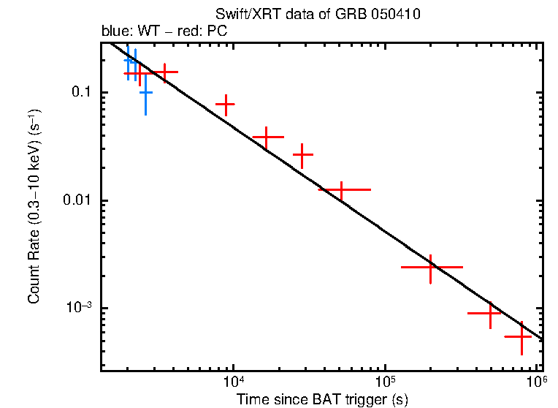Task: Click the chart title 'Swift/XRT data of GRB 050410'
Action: point(318,15)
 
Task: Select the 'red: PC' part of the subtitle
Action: point(207,31)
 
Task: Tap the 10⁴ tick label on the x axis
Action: point(233,382)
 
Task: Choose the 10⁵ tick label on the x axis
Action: point(386,382)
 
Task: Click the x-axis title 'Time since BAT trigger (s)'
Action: point(321,399)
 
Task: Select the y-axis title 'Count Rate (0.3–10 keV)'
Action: point(35,207)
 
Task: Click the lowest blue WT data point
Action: point(145,92)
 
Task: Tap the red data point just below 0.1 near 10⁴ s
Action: point(226,105)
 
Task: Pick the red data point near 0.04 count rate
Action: point(267,137)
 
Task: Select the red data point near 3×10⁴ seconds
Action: point(302,155)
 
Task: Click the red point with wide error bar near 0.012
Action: point(340,189)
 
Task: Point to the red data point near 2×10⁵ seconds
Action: point(431,268)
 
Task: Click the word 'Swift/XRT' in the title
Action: point(242,15)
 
